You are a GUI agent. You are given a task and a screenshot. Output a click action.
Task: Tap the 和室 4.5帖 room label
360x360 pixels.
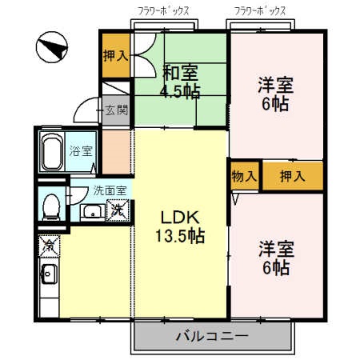click(x=181, y=79)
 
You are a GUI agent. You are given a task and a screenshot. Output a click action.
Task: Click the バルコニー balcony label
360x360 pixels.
click(x=212, y=336)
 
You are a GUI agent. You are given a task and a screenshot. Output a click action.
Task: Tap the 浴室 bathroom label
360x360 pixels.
click(x=80, y=150)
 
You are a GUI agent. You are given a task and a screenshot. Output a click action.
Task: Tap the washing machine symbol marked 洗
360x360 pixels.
click(x=117, y=210)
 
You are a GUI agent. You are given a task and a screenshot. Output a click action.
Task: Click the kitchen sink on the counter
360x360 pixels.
click(x=47, y=276)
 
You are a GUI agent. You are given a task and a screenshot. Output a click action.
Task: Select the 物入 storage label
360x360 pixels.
click(x=243, y=176)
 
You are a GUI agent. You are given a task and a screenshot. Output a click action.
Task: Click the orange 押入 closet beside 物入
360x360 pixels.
click(x=291, y=176)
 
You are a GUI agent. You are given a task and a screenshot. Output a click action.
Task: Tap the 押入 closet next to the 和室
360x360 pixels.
click(x=115, y=55)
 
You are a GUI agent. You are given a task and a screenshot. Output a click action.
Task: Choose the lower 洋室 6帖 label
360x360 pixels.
click(x=275, y=256)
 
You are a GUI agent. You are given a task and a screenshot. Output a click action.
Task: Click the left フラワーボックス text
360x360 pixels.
click(x=164, y=10)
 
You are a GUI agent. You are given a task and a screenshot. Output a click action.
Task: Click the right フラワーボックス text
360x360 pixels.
click(x=262, y=10)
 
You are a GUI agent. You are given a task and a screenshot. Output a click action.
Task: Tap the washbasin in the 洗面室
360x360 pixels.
click(x=91, y=212)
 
